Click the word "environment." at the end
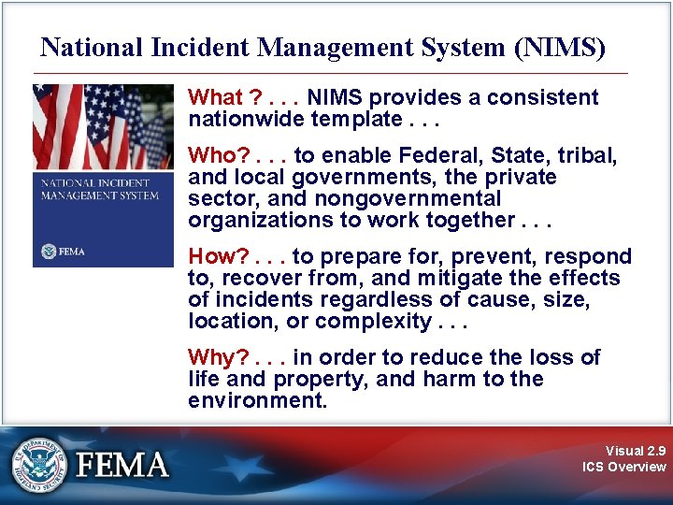(x=258, y=400)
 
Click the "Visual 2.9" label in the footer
(x=636, y=450)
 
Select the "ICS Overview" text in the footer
(x=623, y=467)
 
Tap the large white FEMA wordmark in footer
(x=123, y=465)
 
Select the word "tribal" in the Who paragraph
(x=588, y=155)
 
